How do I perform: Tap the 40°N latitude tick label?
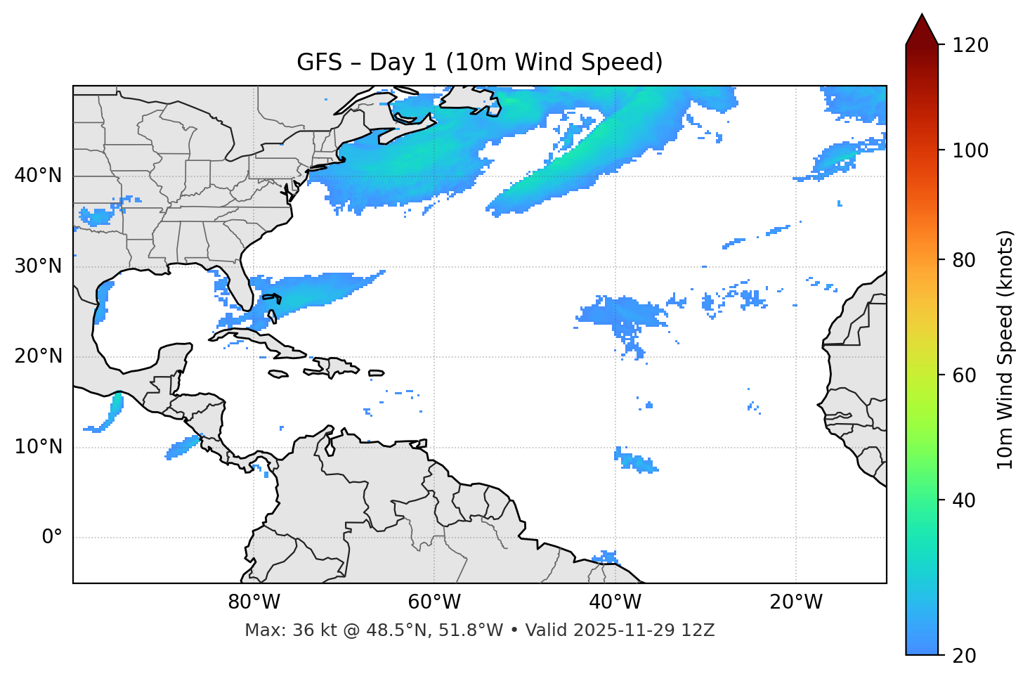click(38, 176)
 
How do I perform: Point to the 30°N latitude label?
click(38, 266)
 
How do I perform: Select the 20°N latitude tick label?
click(38, 356)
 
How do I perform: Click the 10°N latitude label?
click(38, 447)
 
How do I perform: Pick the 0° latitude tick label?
click(52, 538)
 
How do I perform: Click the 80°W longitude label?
click(254, 602)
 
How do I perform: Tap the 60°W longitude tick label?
click(434, 602)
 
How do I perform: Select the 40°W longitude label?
click(615, 602)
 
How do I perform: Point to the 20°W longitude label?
click(796, 602)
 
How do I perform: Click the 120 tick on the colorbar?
click(970, 45)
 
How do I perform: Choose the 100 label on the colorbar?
click(970, 150)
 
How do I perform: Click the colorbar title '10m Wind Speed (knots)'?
click(1005, 350)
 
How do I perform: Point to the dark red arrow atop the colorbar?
click(922, 30)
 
